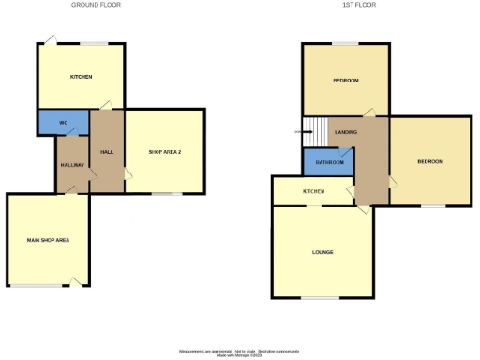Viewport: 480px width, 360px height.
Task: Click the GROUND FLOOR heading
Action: click(x=96, y=5)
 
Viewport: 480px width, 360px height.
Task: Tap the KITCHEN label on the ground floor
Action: click(x=82, y=76)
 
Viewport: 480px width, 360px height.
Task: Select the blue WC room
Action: click(x=62, y=123)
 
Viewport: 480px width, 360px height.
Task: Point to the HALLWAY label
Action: click(x=73, y=165)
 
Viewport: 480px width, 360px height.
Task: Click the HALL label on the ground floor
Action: click(x=107, y=152)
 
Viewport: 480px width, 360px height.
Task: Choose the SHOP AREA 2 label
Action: click(x=165, y=152)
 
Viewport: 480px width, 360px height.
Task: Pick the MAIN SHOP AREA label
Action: click(x=48, y=241)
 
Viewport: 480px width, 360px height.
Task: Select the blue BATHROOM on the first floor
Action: click(x=330, y=162)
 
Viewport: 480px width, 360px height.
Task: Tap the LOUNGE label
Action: click(x=322, y=252)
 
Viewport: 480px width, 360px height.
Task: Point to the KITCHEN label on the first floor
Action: click(x=313, y=191)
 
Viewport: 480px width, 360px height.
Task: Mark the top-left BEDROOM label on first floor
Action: click(x=346, y=81)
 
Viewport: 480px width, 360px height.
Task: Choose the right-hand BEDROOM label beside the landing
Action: click(x=430, y=161)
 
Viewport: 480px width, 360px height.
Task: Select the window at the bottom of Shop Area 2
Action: click(x=168, y=194)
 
